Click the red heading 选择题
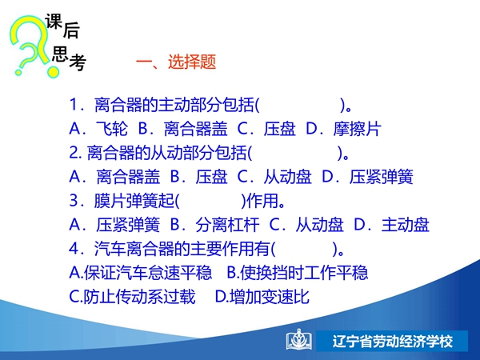[x=192, y=62]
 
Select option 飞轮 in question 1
[x=112, y=129]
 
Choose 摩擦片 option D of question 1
[x=358, y=129]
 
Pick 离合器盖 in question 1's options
[x=196, y=129]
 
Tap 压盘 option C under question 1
[x=280, y=129]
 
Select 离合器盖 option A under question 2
[x=128, y=177]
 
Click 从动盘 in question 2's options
[x=288, y=177]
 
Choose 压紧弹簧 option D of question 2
[x=382, y=177]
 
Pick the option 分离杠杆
[x=227, y=225]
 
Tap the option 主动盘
[x=406, y=225]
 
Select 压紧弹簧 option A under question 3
[x=128, y=225]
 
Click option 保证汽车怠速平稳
[x=148, y=273]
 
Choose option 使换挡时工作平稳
[x=304, y=273]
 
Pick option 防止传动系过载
[x=139, y=296]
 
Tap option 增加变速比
[x=270, y=296]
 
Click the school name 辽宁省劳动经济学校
[x=393, y=341]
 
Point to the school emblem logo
[x=299, y=340]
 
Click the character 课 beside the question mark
[x=54, y=22]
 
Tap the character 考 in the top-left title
[x=77, y=62]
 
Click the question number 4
[x=74, y=248]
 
